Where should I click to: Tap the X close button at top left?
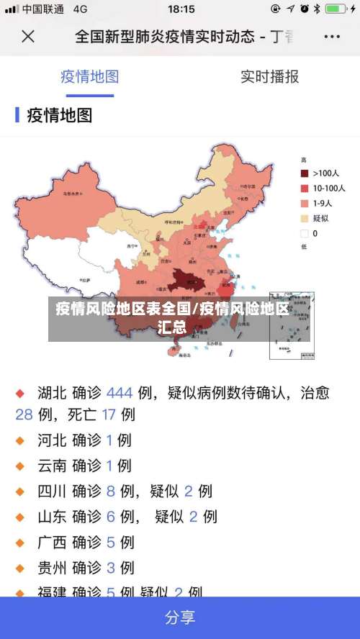click(28, 37)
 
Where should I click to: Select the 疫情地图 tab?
click(89, 76)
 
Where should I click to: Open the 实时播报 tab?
click(269, 76)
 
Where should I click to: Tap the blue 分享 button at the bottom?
click(180, 617)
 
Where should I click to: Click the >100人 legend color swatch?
click(305, 173)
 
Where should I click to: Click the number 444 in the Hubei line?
click(120, 393)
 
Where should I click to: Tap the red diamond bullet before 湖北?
click(20, 394)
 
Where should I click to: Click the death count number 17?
click(109, 414)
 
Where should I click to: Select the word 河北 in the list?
click(52, 440)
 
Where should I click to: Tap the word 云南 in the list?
click(52, 466)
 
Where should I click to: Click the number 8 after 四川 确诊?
click(111, 491)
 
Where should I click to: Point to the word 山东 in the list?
click(52, 517)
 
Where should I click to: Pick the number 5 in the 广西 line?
click(111, 542)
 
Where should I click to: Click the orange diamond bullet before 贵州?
click(20, 568)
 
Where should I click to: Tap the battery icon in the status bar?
click(336, 9)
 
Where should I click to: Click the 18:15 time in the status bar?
click(181, 9)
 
